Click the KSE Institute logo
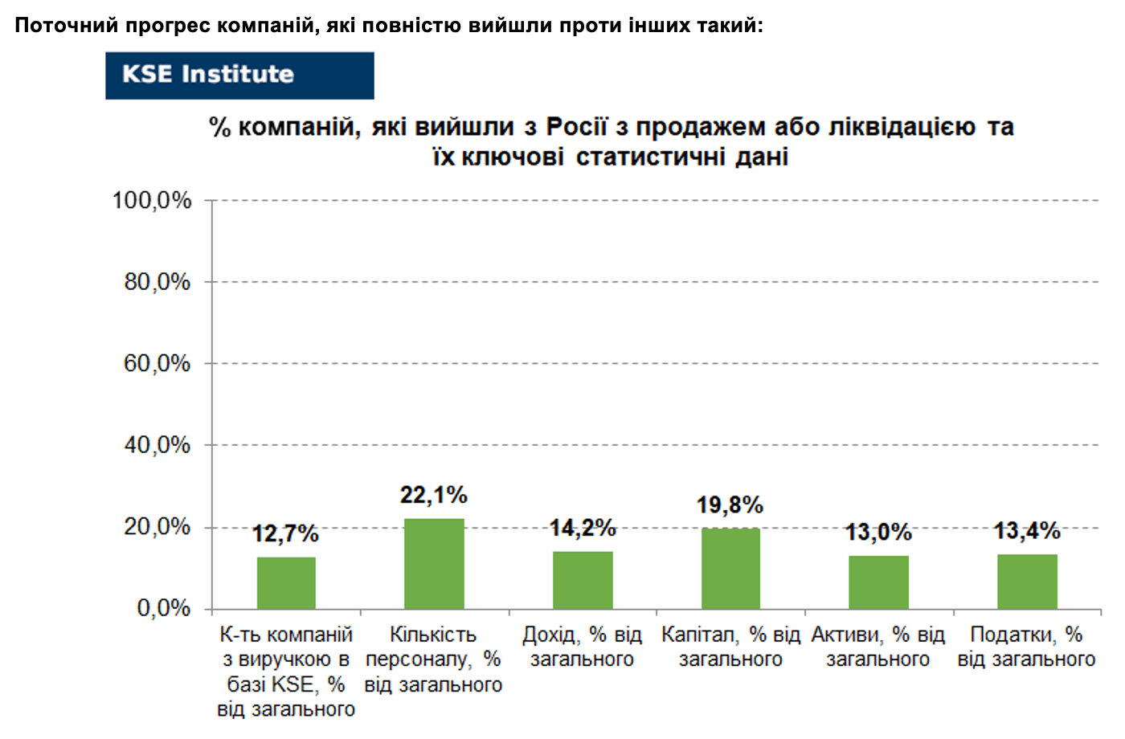pyautogui.click(x=239, y=76)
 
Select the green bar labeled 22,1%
pyautogui.click(x=435, y=564)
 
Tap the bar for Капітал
pyautogui.click(x=730, y=569)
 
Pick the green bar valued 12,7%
pyautogui.click(x=286, y=583)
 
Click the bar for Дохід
pyautogui.click(x=583, y=580)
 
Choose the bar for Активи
pyautogui.click(x=879, y=582)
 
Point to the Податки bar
pyautogui.click(x=1027, y=582)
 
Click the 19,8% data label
pyautogui.click(x=730, y=505)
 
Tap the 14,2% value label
pyautogui.click(x=583, y=529)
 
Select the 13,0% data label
pyautogui.click(x=878, y=532)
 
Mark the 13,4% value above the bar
pyautogui.click(x=1027, y=531)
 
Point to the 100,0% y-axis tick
pyautogui.click(x=152, y=201)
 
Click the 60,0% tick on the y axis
pyautogui.click(x=157, y=363)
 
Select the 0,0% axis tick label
pyautogui.click(x=164, y=609)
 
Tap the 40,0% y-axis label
pyautogui.click(x=157, y=445)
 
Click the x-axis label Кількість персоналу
pyautogui.click(x=433, y=659)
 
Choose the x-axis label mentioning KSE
pyautogui.click(x=286, y=672)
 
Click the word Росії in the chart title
pyautogui.click(x=577, y=127)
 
